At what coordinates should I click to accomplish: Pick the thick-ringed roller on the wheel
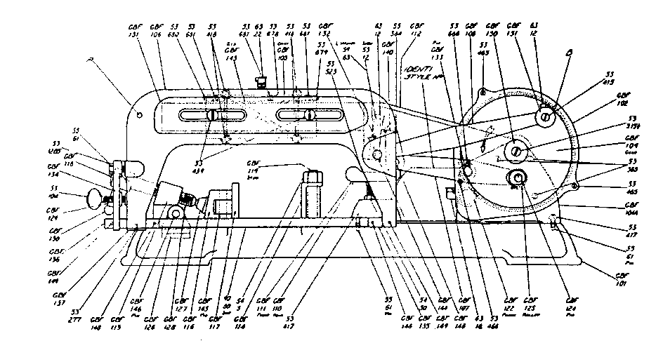518,178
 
